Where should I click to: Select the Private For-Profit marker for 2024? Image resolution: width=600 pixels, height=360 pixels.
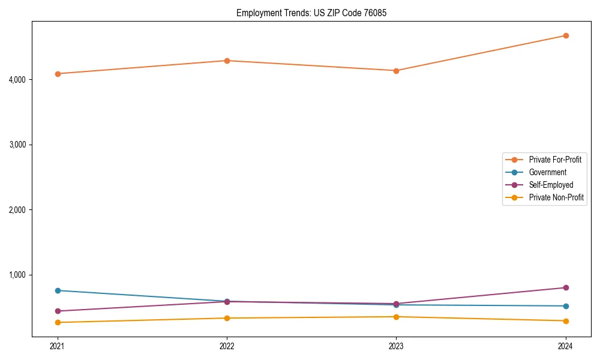tap(566, 35)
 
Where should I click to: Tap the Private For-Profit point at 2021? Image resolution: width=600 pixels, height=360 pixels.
tap(58, 74)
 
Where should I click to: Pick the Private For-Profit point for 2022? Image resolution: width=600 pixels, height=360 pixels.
tap(227, 61)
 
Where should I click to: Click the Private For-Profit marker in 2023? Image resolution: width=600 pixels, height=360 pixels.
tap(396, 71)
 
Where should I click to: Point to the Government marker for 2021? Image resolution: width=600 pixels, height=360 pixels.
tap(58, 290)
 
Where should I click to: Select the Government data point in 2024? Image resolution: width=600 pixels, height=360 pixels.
tap(566, 306)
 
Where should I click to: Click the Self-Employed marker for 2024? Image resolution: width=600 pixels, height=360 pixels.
tap(566, 288)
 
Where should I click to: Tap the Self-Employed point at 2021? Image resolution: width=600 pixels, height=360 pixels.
tap(58, 311)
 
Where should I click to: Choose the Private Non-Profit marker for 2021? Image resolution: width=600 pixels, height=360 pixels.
tap(58, 322)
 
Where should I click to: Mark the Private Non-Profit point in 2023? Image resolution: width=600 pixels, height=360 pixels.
tap(396, 317)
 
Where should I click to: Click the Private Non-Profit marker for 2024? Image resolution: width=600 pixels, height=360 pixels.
tap(566, 321)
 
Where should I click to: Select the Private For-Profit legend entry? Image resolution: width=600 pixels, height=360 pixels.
tap(554, 160)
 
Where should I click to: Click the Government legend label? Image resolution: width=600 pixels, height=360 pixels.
tap(547, 172)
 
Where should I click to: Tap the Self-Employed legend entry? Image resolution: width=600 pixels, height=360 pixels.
tap(551, 185)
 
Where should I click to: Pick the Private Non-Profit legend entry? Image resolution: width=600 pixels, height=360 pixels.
tap(556, 197)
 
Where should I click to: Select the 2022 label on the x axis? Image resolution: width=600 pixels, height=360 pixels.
tap(227, 346)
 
